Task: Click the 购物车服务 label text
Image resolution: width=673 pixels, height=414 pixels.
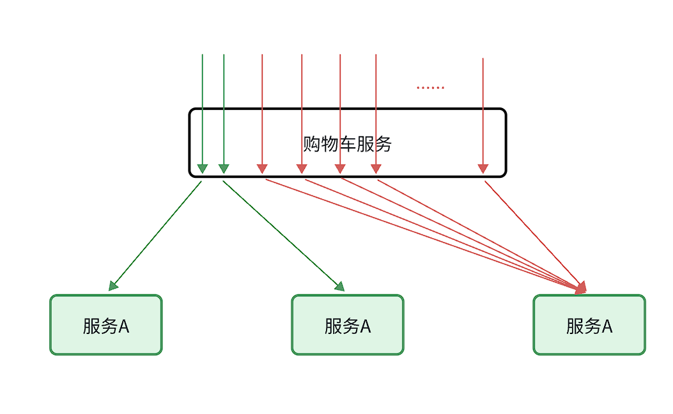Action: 347,144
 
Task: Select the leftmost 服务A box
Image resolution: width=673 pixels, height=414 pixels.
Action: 106,324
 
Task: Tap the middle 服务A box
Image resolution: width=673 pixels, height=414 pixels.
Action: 348,324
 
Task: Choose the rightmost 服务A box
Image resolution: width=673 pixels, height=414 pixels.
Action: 589,324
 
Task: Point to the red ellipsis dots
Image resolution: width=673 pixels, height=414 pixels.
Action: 430,88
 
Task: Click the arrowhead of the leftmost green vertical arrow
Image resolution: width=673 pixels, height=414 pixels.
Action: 203,169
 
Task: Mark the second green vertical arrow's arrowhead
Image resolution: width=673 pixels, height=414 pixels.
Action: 224,169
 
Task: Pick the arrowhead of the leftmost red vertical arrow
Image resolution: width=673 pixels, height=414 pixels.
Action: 262,169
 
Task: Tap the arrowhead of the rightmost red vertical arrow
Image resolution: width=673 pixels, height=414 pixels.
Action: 483,169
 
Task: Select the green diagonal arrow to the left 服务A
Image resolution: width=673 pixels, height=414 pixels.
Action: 157,235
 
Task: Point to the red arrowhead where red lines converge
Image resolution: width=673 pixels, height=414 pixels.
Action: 580,289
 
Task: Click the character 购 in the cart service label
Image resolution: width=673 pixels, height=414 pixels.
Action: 311,144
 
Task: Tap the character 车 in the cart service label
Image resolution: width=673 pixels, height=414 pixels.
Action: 347,144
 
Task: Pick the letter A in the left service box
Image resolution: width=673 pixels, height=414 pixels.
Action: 124,326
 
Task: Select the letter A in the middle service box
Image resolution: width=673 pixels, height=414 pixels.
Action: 366,326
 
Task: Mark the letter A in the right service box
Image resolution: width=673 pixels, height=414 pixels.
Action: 607,326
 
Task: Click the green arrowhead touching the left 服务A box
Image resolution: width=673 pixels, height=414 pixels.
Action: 114,286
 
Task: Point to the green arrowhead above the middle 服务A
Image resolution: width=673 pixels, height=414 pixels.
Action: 339,287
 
